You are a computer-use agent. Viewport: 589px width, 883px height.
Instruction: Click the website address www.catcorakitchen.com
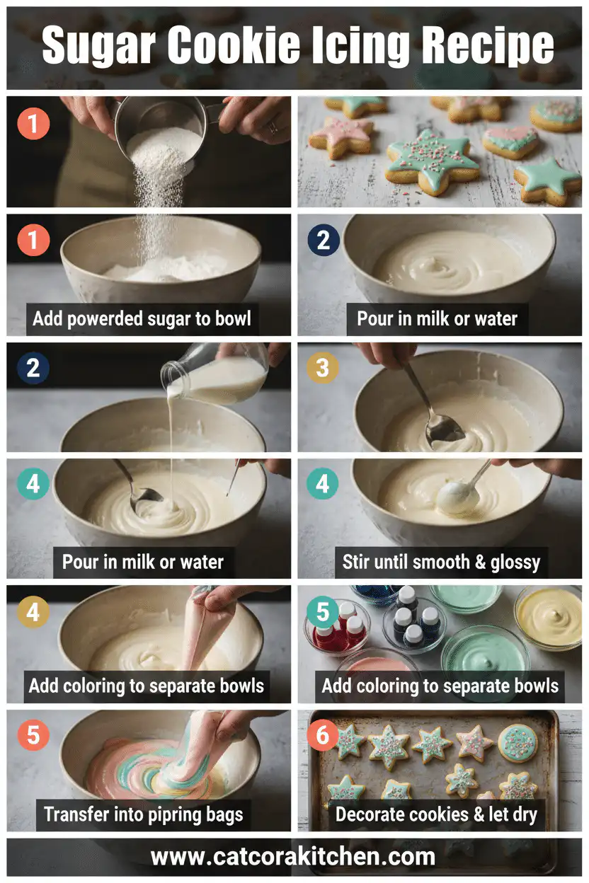tap(293, 857)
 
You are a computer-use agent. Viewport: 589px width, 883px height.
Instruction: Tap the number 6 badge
tap(323, 737)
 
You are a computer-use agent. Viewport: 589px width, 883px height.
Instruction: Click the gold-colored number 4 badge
tap(33, 613)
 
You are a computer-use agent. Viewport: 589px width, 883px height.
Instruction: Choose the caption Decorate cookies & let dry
tap(436, 814)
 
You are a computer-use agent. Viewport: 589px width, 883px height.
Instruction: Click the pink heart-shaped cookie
tap(510, 140)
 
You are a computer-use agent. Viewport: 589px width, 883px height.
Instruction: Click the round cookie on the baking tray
tap(517, 743)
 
